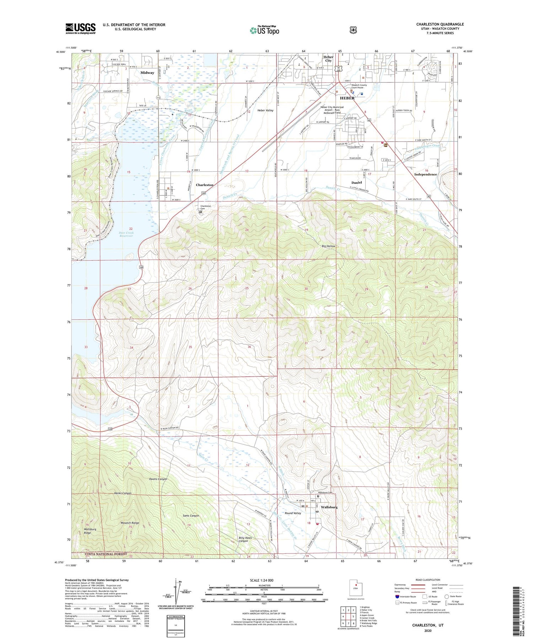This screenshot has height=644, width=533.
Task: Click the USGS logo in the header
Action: [80, 28]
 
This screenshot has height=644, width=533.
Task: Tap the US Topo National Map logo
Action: [264, 30]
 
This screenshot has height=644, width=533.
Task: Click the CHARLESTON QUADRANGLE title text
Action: [440, 24]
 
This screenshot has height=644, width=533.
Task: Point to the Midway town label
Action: [147, 73]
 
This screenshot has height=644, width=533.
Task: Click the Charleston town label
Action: [205, 185]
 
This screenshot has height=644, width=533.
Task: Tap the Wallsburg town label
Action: [329, 507]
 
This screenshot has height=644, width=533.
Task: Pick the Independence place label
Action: [425, 174]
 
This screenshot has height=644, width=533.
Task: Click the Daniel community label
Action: [356, 183]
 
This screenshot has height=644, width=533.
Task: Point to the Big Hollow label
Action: [328, 246]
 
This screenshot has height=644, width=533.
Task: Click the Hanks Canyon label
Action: [123, 493]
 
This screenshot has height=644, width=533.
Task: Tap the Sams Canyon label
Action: [191, 515]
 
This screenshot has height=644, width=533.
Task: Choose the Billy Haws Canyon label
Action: [245, 539]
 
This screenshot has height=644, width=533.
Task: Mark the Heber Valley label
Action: [265, 110]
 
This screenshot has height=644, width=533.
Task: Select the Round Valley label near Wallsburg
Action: [293, 513]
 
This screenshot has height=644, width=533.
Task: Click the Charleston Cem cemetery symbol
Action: [200, 212]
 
